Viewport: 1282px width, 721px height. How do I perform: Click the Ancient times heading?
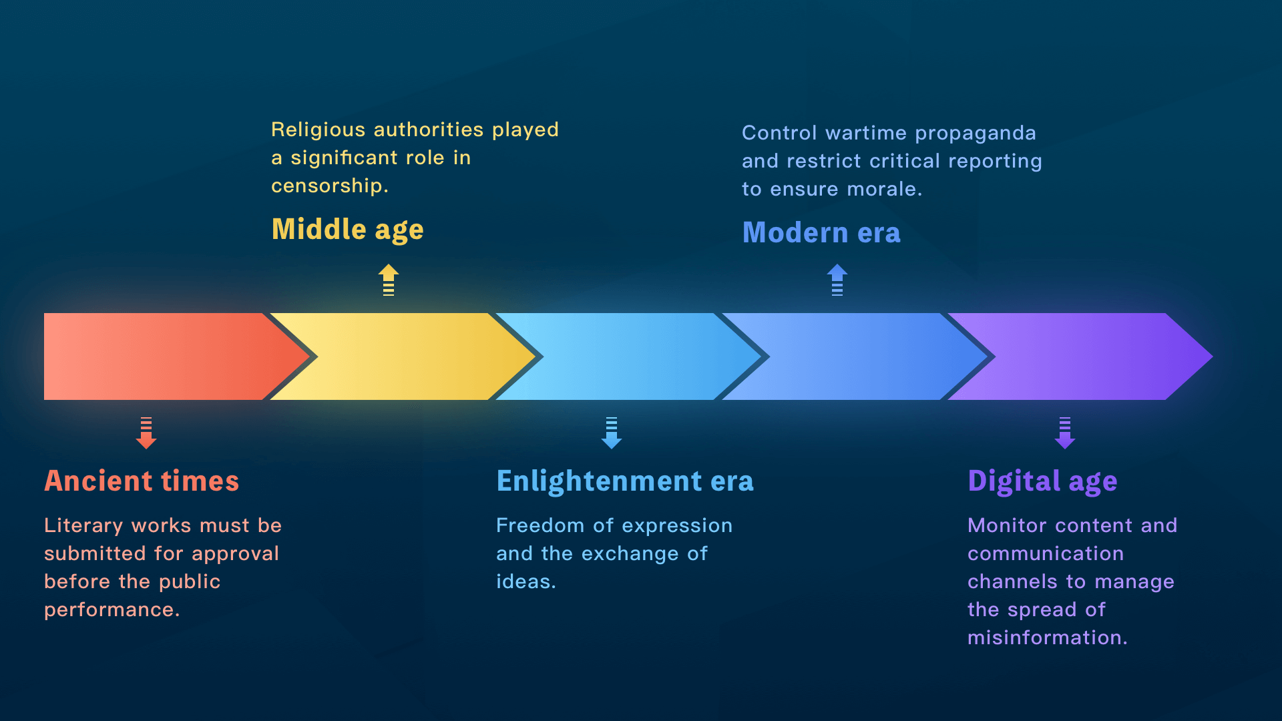[x=142, y=481]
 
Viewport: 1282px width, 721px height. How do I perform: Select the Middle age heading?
[x=347, y=230]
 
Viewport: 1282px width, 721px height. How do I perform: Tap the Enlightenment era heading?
[x=625, y=481]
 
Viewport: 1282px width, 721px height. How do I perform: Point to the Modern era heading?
[x=821, y=232]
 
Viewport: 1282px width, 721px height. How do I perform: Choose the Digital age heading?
[x=1042, y=481]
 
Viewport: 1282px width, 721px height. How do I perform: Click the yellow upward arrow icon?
[x=389, y=280]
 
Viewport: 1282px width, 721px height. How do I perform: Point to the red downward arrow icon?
[x=146, y=433]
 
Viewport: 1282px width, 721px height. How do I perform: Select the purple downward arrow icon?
[x=1065, y=433]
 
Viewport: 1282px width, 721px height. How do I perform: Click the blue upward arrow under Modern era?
[x=837, y=280]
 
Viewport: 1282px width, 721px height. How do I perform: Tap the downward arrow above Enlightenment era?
[x=612, y=433]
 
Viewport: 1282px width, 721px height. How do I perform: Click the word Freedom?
[x=540, y=525]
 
